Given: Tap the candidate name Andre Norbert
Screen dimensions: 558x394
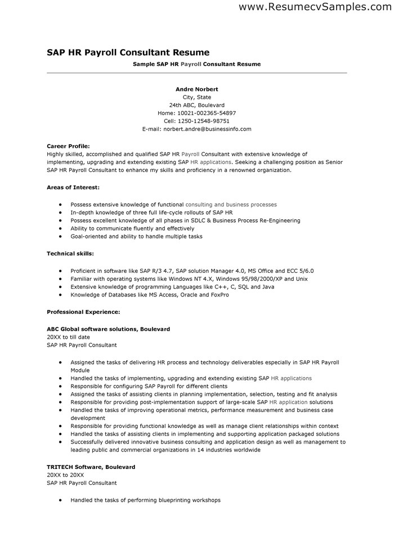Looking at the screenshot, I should (196, 89).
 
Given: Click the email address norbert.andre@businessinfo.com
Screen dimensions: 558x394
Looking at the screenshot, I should (207, 129).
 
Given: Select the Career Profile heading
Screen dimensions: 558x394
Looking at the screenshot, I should (68, 145).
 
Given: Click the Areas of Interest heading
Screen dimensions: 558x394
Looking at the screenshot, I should (73, 187).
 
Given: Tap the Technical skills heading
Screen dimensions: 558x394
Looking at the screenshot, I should (70, 254).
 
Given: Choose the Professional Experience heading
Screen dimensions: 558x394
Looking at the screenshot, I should (83, 311).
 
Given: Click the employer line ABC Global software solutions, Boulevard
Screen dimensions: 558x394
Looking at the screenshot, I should (108, 329).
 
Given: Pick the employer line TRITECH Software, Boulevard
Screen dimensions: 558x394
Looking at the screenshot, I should (91, 467).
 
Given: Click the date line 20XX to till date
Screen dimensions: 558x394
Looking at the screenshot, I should (68, 336).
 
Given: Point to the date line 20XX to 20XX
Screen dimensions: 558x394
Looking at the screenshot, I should (65, 475).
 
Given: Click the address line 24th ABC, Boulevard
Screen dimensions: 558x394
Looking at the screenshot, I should (196, 105).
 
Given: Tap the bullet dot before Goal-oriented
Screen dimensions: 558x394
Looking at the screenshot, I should (60, 237).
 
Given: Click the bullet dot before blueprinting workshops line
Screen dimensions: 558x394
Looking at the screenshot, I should (60, 500).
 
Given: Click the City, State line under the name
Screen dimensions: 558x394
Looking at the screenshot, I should (196, 97).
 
